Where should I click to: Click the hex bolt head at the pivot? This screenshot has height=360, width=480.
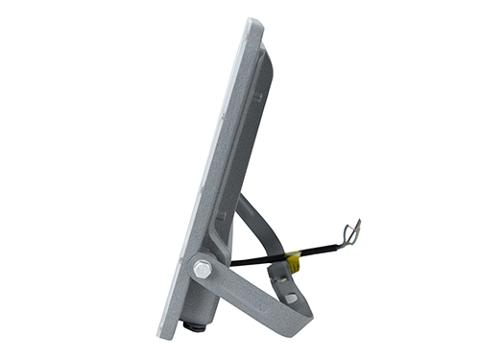203,270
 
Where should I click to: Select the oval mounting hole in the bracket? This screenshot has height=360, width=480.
290,299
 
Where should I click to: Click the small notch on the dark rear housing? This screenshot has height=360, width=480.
256,96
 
